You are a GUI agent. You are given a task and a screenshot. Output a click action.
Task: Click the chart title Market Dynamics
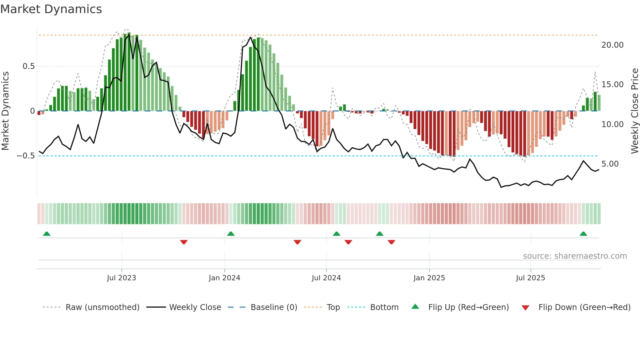pos(51,9)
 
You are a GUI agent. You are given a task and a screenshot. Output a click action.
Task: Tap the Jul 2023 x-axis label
pos(121,278)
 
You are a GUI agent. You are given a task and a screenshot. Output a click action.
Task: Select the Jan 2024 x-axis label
pos(224,278)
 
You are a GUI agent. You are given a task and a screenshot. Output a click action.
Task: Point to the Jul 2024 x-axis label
pos(326,278)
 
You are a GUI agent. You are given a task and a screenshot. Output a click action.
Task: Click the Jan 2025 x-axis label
pos(429,278)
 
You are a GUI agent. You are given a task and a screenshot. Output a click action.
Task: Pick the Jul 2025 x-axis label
pos(530,278)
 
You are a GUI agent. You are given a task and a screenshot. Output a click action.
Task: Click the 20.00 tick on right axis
pos(612,45)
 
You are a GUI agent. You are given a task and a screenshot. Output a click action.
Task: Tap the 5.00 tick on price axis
pos(610,164)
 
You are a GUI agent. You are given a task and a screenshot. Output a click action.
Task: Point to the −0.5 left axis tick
pos(26,156)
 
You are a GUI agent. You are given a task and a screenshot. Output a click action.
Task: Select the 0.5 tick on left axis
pos(28,66)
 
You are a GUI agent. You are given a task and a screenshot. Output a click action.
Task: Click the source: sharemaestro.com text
pos(575,256)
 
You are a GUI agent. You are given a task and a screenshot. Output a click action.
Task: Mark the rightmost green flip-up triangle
pos(583,234)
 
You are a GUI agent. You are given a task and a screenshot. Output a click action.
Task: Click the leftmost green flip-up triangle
pos(47,234)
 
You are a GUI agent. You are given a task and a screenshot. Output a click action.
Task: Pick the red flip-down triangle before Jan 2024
pos(184,242)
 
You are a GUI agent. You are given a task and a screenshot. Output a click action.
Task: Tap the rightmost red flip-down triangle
pos(391,242)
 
